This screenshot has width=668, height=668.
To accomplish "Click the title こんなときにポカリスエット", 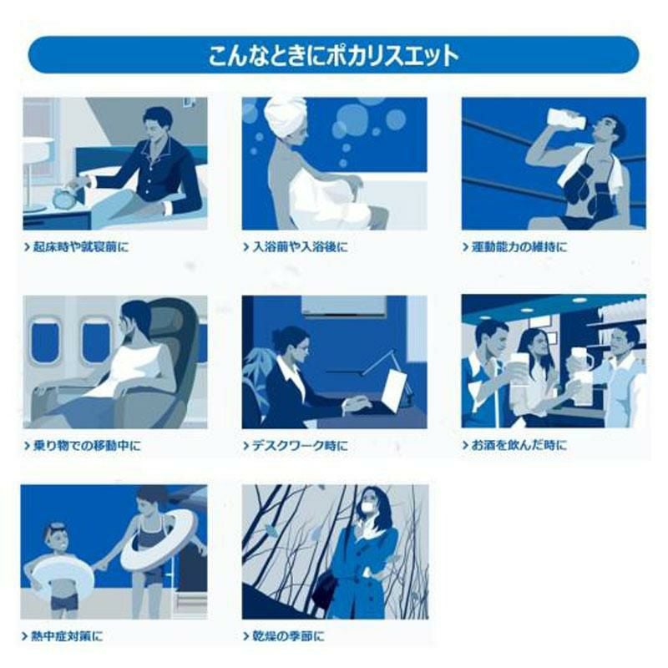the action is pos(333,55).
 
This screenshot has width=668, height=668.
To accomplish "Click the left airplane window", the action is pos(44,341).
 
